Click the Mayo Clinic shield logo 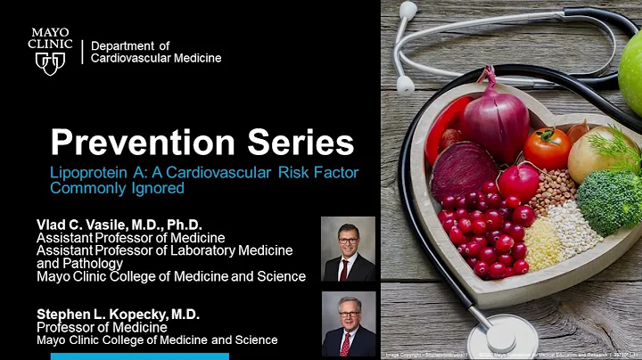(x=49, y=62)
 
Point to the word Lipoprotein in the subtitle (x=87, y=171)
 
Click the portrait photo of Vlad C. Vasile (x=348, y=249)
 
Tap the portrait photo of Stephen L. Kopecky (x=348, y=324)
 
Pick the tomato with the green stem (x=547, y=149)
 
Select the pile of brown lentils (x=554, y=188)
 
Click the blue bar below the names (x=139, y=356)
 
